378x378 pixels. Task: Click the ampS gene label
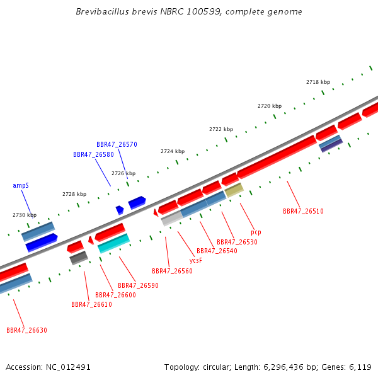[21, 185]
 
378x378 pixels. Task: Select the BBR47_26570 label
[117, 144]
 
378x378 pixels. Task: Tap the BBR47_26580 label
[93, 154]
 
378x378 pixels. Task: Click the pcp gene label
[256, 232]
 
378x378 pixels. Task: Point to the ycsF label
[195, 260]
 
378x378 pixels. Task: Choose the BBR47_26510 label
[303, 211]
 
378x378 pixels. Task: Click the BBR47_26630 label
[26, 330]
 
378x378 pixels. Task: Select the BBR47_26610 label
[91, 304]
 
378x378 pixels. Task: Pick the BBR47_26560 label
[172, 271]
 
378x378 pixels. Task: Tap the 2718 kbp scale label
[318, 82]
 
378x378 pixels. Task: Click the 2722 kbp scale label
[221, 129]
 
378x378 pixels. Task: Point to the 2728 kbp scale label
[74, 194]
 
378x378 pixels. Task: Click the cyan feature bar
[114, 243]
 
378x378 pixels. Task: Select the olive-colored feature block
[234, 190]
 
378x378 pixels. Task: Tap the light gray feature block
[172, 219]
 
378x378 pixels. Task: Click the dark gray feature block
[79, 258]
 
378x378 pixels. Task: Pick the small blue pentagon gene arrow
[120, 210]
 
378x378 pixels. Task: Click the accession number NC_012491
[68, 367]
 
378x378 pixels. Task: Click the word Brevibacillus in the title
[102, 11]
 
